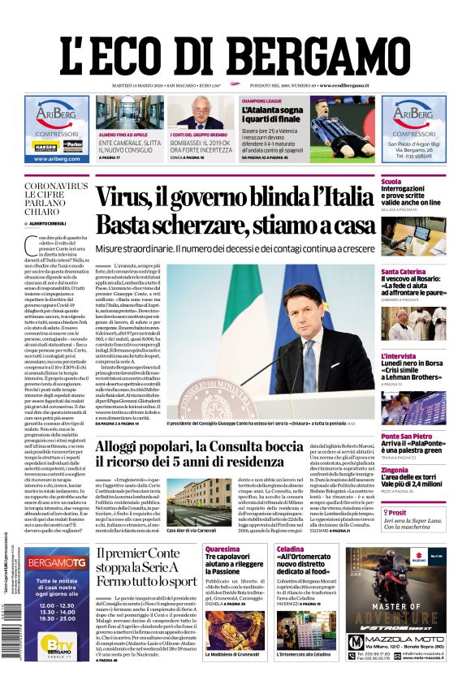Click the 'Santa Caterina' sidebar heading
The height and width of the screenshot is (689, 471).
point(403,271)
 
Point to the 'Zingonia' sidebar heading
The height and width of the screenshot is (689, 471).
point(395,470)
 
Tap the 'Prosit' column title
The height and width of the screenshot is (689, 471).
point(397,513)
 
